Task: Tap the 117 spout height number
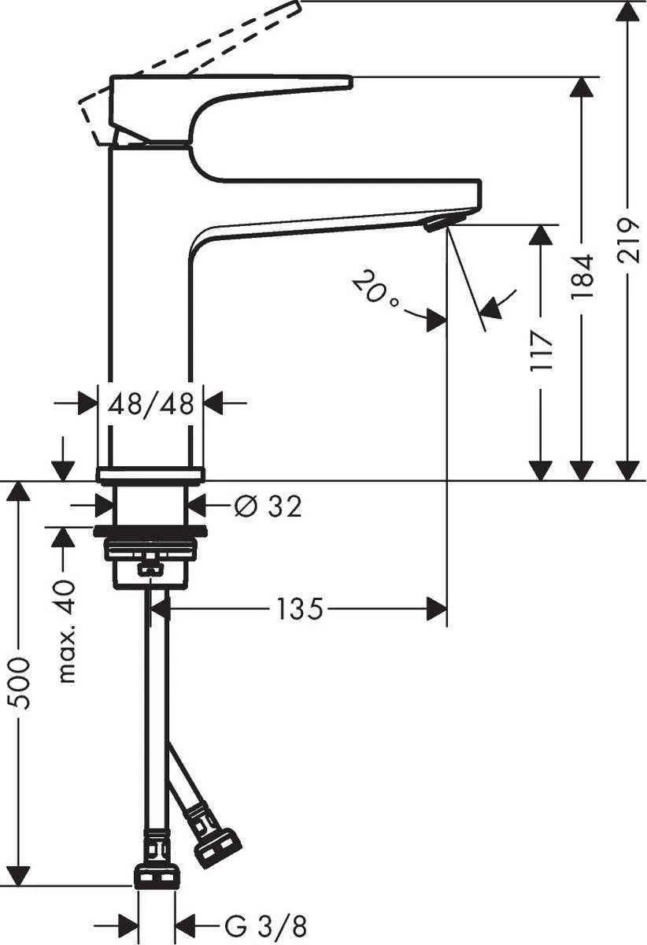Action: coord(541,350)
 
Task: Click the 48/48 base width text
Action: coord(151,405)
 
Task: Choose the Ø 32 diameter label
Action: coord(268,506)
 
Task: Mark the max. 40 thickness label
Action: coord(67,630)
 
